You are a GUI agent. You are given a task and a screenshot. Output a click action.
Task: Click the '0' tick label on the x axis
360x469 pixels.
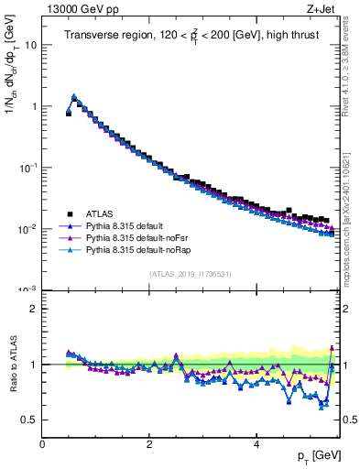click(42, 444)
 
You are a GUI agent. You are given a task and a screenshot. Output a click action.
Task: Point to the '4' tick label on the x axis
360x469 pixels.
click(256, 444)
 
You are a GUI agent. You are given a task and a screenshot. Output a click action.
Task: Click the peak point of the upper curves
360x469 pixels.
click(74, 95)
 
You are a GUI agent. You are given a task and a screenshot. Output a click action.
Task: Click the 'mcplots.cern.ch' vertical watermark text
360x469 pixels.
click(352, 256)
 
